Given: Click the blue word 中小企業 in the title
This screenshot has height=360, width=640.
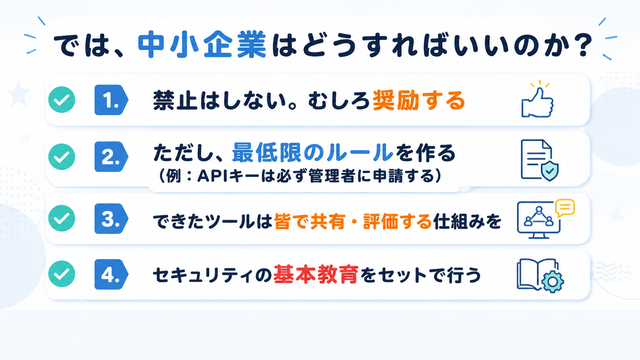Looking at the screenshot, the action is tap(202, 45).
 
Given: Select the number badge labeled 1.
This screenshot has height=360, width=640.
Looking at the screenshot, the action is tap(111, 100).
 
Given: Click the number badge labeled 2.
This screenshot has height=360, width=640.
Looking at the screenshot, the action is tap(111, 157).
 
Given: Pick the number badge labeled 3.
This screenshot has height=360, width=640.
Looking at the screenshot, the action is tap(111, 219).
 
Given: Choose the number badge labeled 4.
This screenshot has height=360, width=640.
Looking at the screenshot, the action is tap(111, 274).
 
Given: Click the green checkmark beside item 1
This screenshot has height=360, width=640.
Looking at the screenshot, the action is tap(62, 100).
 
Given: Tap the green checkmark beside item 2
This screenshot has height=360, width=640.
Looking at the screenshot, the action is tap(62, 156).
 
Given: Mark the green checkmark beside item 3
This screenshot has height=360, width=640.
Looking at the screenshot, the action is tap(62, 218).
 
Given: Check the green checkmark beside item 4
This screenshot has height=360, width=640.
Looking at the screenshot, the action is tap(62, 274).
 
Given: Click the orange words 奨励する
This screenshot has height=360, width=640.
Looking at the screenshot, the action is tap(419, 100).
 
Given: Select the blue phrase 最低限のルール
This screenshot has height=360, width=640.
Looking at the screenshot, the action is tap(313, 152).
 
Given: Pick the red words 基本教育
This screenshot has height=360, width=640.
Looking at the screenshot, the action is tap(316, 275).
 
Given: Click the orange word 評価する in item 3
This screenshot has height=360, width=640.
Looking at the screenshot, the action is tap(397, 221).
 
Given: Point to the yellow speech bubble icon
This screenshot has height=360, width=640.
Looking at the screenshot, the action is tap(565, 207).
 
